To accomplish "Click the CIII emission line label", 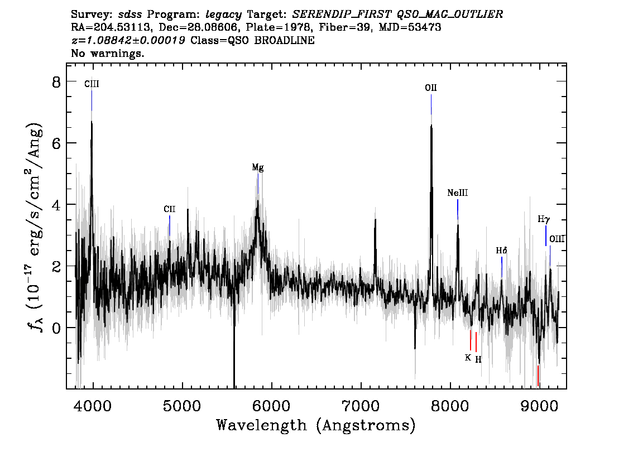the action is pyautogui.click(x=92, y=84).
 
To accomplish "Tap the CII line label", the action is pyautogui.click(x=170, y=209).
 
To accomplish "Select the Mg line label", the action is pyautogui.click(x=258, y=167).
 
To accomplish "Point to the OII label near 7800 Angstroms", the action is pyautogui.click(x=431, y=88).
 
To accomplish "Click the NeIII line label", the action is pyautogui.click(x=457, y=193).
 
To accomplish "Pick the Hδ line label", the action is pyautogui.click(x=501, y=251).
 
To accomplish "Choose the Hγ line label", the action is pyautogui.click(x=544, y=219).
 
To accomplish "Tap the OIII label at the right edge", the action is pyautogui.click(x=557, y=239).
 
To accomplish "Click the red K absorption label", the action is pyautogui.click(x=468, y=358).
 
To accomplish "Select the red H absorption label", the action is pyautogui.click(x=478, y=359).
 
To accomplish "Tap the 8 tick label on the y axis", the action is pyautogui.click(x=56, y=82).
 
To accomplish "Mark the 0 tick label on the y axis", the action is pyautogui.click(x=56, y=328).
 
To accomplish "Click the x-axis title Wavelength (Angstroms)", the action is pyautogui.click(x=316, y=425).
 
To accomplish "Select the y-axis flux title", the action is pyautogui.click(x=36, y=229).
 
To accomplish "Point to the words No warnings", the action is pyautogui.click(x=108, y=53).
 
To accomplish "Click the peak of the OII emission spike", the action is pyautogui.click(x=431, y=125).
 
